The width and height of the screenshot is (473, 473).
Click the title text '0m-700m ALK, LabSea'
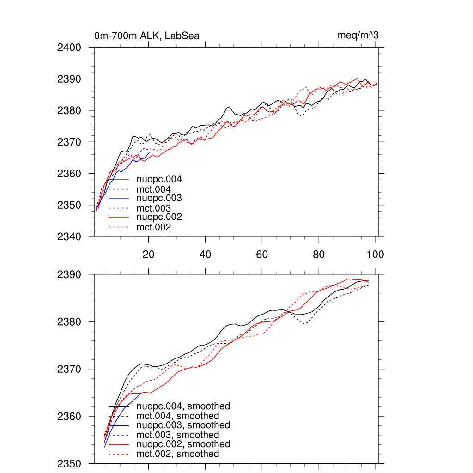(146, 36)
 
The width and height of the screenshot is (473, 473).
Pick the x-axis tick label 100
(375, 254)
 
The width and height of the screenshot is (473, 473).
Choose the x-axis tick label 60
(262, 254)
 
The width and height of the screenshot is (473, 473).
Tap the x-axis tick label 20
(148, 254)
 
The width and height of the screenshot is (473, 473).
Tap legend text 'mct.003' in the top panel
(154, 208)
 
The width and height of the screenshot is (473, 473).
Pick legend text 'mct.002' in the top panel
(154, 227)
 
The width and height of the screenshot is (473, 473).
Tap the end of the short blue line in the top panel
(150, 152)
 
